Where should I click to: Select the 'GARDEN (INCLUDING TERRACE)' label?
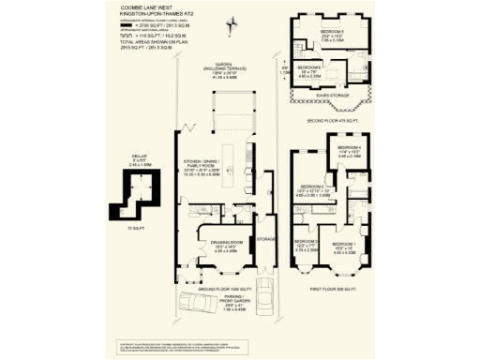224,70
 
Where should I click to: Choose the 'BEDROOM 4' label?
349,149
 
